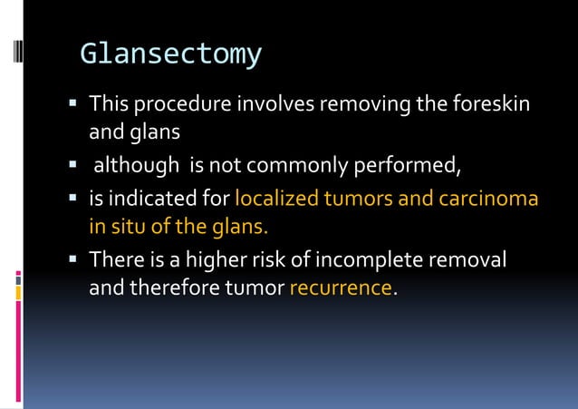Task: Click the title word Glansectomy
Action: pyautogui.click(x=170, y=55)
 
